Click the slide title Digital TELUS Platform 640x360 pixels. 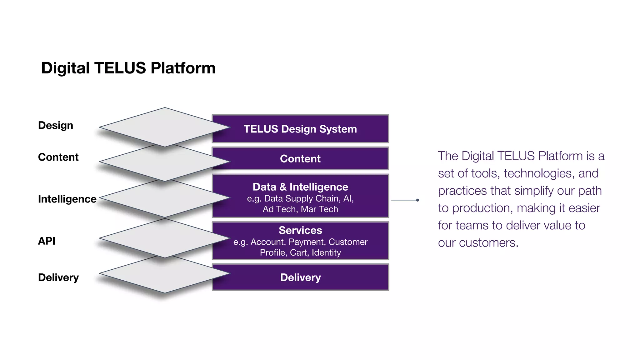click(x=128, y=68)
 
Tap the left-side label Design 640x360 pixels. click(x=56, y=125)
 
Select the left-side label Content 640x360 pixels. click(x=58, y=157)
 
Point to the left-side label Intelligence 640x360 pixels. click(x=67, y=199)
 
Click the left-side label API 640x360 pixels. click(x=47, y=241)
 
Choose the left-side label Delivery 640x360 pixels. click(x=58, y=277)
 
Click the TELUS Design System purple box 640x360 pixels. click(x=300, y=129)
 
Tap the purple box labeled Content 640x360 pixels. click(x=300, y=159)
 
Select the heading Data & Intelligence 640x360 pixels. click(x=300, y=187)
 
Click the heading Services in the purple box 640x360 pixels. click(x=300, y=230)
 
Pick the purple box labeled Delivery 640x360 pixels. click(x=300, y=277)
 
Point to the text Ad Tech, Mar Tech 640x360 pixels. click(x=300, y=209)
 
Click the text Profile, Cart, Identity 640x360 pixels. click(x=300, y=252)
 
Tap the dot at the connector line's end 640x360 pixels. click(x=417, y=200)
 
